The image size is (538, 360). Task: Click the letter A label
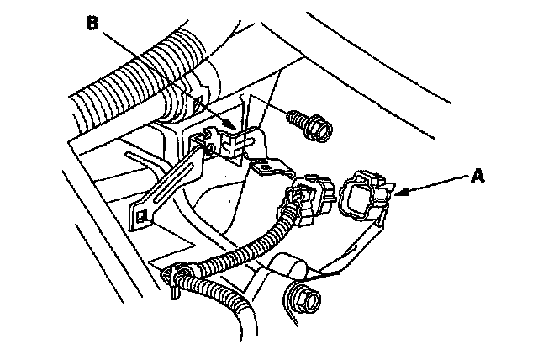pos(478,176)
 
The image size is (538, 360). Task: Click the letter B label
pos(93,24)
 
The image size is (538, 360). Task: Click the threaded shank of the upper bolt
pos(295,119)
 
